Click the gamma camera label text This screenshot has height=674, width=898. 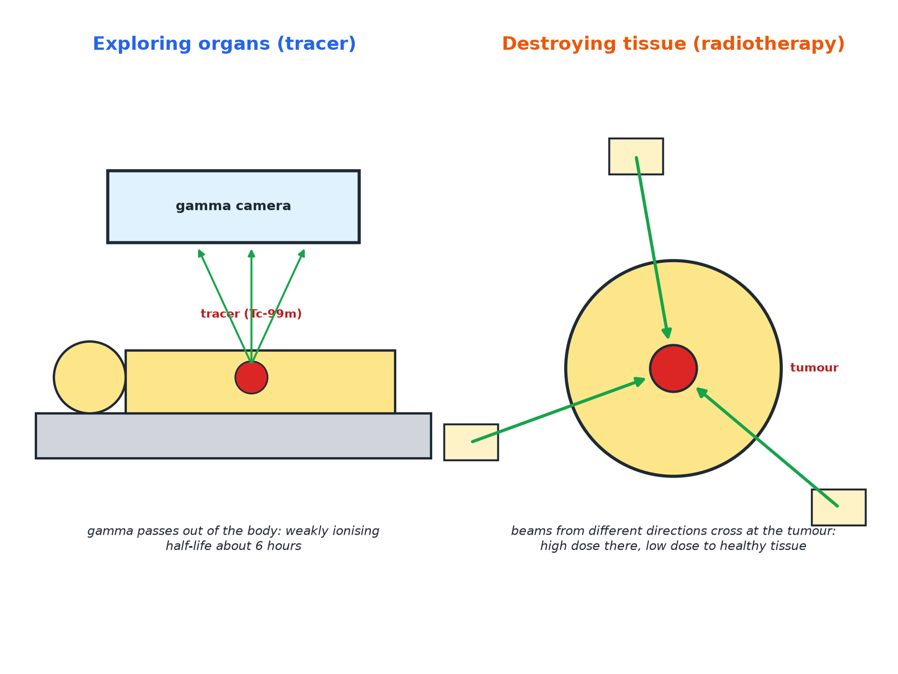[x=233, y=206]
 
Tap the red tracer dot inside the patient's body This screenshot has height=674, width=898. [x=251, y=377]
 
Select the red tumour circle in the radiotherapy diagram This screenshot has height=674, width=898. [x=673, y=368]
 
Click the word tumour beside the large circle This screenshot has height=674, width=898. [x=814, y=368]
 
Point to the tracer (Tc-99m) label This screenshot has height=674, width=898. [x=251, y=314]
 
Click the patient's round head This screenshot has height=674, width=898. [x=90, y=377]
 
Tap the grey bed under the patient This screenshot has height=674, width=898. [x=233, y=436]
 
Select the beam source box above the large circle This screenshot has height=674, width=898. [x=636, y=156]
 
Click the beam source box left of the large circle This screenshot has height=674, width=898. [x=471, y=443]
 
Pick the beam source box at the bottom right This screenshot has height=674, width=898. [x=839, y=507]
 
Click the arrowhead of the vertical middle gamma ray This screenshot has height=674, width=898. [x=251, y=253]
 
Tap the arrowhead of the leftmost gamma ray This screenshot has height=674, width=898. [x=200, y=253]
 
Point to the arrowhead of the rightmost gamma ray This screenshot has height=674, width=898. [x=303, y=253]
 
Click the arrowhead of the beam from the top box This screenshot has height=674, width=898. [x=667, y=333]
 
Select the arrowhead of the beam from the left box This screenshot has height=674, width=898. [x=639, y=381]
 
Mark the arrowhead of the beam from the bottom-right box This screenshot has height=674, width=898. [x=701, y=392]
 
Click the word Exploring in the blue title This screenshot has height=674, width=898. [x=142, y=44]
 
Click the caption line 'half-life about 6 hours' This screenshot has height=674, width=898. [x=233, y=546]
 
